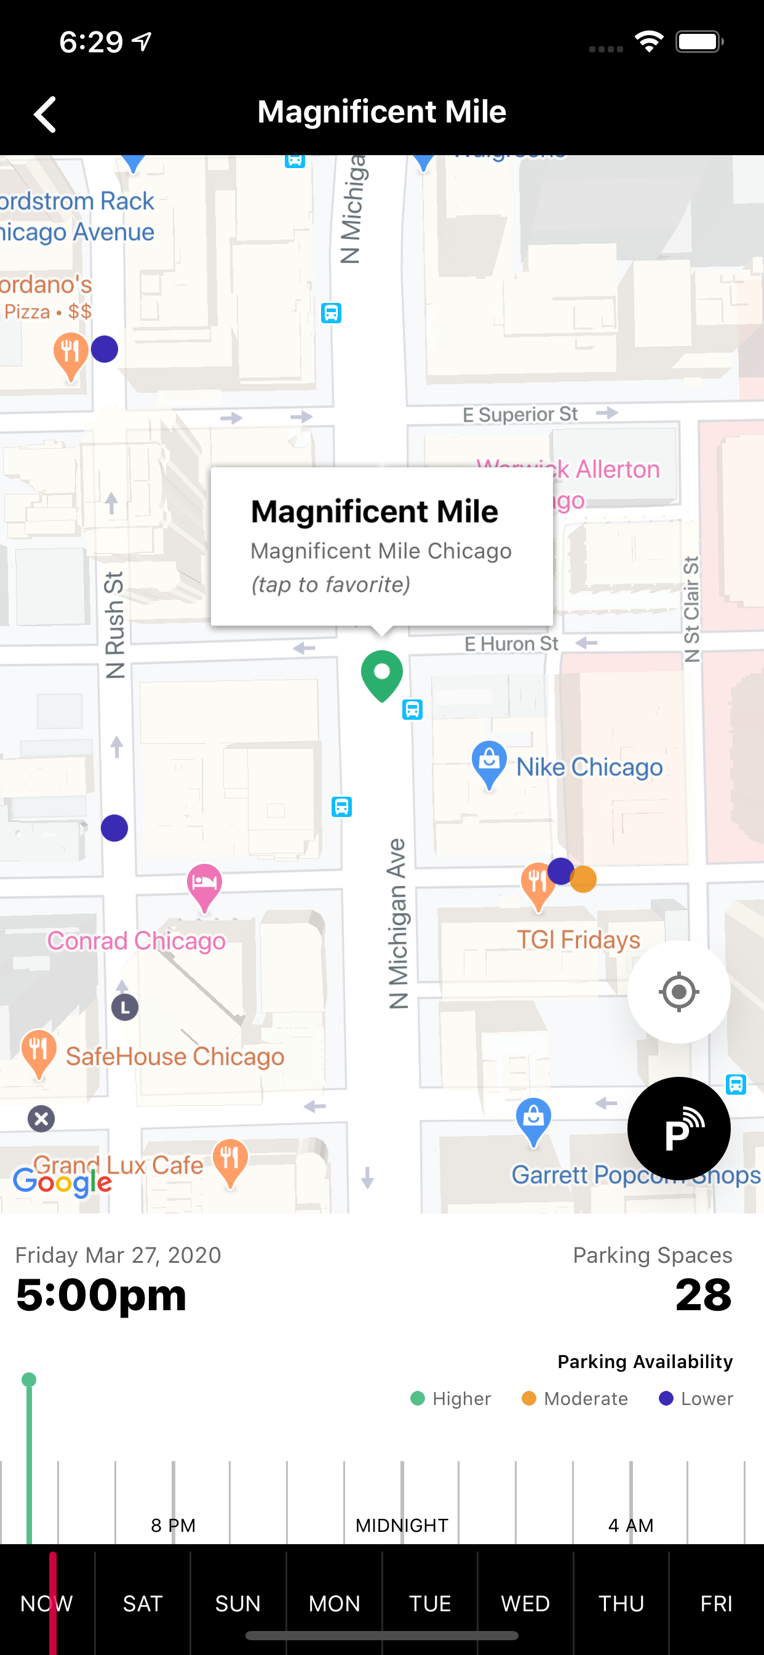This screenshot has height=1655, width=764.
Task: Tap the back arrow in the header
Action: click(45, 115)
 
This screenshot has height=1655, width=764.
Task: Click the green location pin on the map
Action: click(382, 674)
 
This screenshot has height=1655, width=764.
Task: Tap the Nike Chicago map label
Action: click(589, 767)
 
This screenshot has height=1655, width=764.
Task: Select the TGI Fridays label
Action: click(578, 940)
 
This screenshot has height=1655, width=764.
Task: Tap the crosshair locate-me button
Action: click(678, 992)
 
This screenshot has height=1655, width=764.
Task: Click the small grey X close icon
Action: click(41, 1119)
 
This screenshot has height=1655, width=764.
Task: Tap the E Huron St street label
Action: click(511, 644)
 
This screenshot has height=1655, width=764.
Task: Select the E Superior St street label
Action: click(520, 414)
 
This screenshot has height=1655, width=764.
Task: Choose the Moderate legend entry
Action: click(575, 1399)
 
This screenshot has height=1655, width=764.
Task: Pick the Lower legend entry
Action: click(696, 1399)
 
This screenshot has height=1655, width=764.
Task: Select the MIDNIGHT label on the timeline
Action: click(402, 1525)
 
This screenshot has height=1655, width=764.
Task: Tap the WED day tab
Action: click(525, 1604)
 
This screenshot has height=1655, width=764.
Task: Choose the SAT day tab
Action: click(143, 1604)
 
